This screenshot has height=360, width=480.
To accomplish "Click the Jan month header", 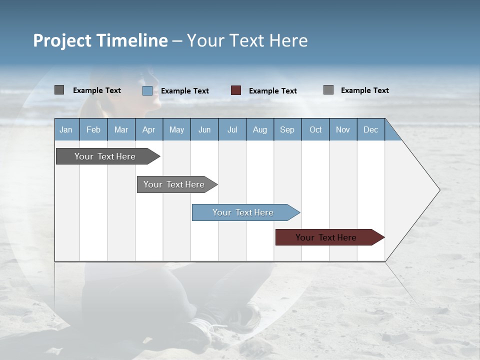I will click(66, 129).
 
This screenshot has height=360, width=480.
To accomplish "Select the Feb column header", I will click(93, 129).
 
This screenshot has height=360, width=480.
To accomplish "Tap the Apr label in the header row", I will click(148, 129).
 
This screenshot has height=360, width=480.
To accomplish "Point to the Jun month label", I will click(204, 129).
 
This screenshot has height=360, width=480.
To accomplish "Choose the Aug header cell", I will click(259, 129).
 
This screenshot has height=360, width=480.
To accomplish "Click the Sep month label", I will click(287, 129).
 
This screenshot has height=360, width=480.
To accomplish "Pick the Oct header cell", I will click(315, 129).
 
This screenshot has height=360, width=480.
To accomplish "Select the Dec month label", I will click(370, 129).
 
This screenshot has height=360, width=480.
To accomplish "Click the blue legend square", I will click(147, 90).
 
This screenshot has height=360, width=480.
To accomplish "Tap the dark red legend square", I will click(236, 90).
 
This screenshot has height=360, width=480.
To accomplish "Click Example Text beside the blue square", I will click(184, 91).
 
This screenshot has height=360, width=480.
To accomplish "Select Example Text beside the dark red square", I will click(272, 91).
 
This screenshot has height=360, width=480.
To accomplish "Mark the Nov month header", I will click(343, 129).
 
